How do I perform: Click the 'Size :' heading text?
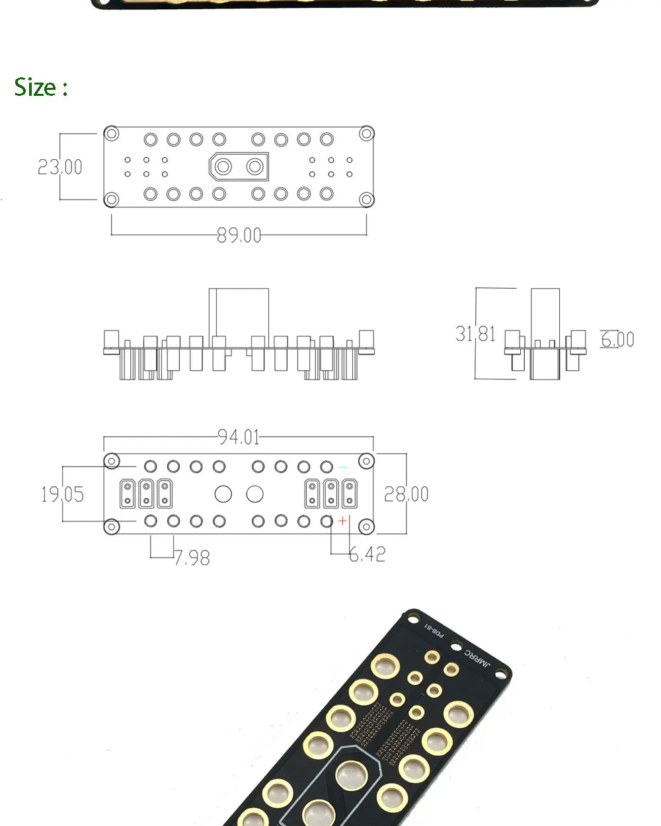(41, 87)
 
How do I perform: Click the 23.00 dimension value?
(60, 167)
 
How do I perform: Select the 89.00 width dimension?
(239, 235)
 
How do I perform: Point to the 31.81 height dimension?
(475, 334)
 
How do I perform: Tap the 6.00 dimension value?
(617, 340)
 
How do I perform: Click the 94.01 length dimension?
(239, 437)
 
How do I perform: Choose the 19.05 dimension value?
(63, 494)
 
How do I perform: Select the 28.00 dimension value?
(406, 494)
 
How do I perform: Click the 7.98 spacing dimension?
(192, 558)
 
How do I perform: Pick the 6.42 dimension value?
(368, 554)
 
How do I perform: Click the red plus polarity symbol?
(342, 521)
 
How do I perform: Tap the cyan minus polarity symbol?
(342, 467)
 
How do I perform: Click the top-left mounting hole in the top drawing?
(112, 134)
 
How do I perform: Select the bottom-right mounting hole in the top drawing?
(366, 199)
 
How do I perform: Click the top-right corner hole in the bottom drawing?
(366, 461)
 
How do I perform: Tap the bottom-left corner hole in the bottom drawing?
(112, 527)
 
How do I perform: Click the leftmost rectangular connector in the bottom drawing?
(128, 494)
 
